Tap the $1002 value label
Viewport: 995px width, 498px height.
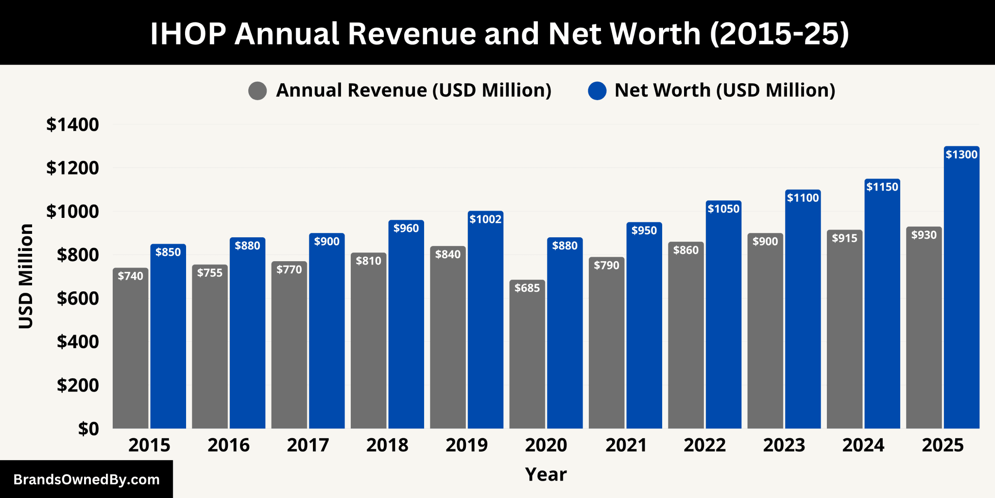coord(485,219)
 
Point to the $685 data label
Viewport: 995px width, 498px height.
coord(527,288)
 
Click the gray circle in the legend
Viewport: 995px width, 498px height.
coord(257,91)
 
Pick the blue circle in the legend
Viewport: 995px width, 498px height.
coord(597,91)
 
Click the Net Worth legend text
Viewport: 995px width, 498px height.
coord(724,90)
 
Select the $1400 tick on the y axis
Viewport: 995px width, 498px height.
coord(72,125)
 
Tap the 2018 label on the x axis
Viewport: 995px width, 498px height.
coord(387,445)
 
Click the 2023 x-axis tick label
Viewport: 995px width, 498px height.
coord(784,445)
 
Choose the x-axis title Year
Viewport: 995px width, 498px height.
coord(546,474)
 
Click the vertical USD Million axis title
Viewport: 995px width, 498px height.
coord(26,276)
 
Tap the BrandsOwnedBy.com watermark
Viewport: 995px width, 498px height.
coord(86,480)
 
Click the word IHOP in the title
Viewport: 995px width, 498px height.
coord(188,34)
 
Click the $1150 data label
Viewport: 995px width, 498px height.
coord(882,187)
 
